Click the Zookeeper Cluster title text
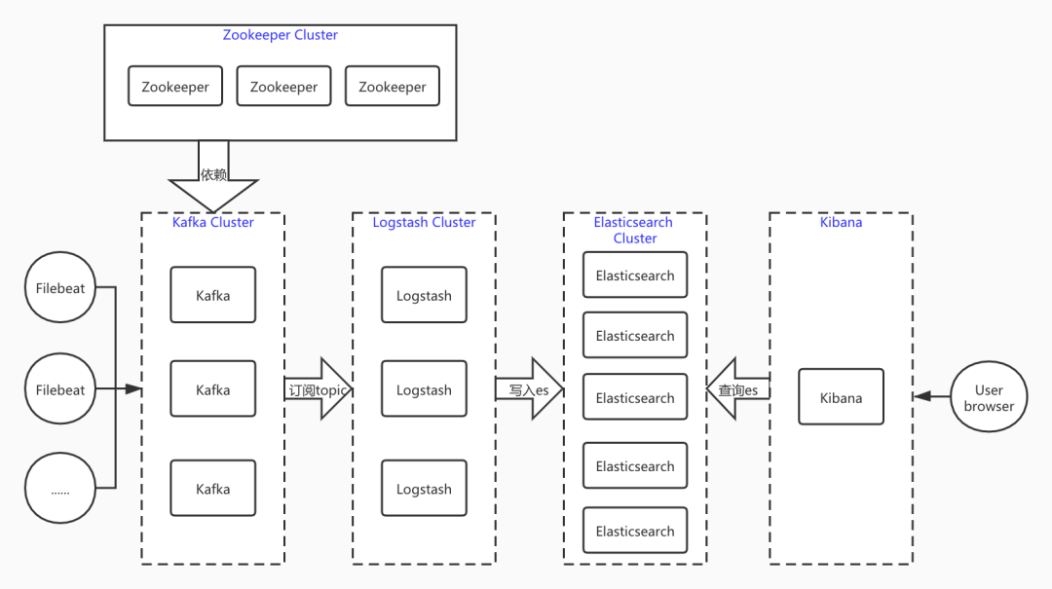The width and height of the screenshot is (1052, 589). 280,35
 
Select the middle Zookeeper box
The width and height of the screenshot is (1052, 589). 283,86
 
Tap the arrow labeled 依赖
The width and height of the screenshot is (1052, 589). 213,176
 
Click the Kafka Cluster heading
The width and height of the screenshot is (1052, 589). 212,222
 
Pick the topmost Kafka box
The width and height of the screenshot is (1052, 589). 212,294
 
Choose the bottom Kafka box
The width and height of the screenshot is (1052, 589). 212,488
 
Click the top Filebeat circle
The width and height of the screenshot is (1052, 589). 60,287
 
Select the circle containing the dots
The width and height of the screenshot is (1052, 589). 60,488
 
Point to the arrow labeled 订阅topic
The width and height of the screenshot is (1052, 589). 319,389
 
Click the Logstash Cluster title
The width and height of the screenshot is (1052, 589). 424,222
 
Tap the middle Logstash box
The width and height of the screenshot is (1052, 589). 424,388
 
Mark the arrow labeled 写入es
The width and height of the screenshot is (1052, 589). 529,389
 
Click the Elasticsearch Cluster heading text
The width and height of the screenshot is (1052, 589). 634,230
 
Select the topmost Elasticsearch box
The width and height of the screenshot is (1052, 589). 635,275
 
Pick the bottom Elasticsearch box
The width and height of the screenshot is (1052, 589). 635,530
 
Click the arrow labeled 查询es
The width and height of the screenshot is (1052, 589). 738,389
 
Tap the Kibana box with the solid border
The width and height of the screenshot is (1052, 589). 841,396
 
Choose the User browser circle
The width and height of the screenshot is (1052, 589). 989,396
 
